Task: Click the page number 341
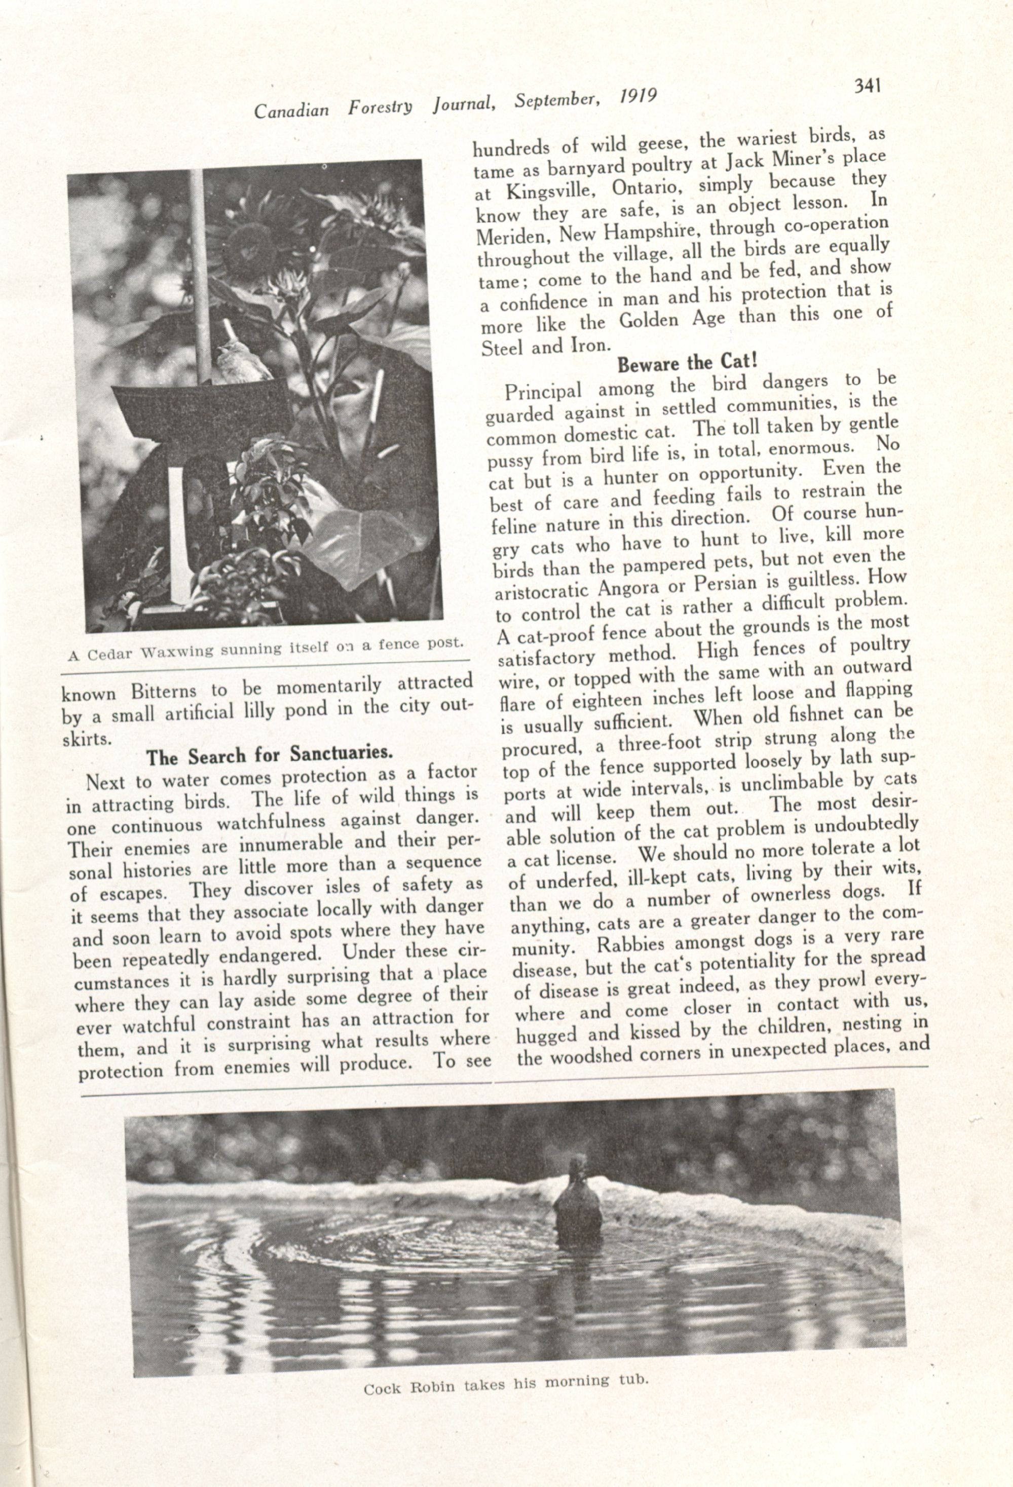pos(868,85)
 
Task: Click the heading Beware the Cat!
pos(687,363)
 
